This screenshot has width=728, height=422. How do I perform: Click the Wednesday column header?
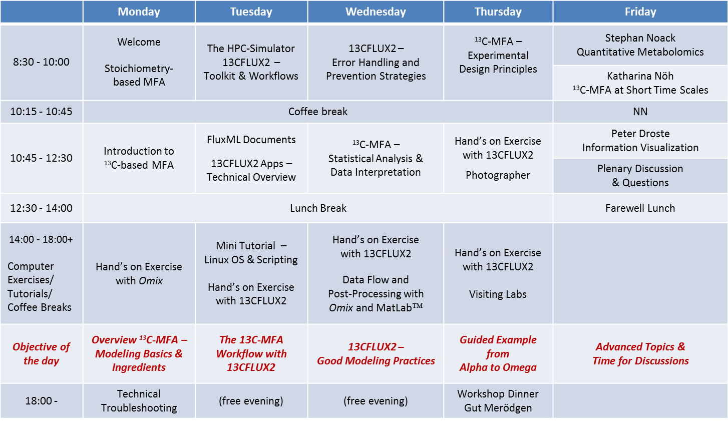coord(376,12)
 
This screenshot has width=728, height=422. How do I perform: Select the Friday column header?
coord(640,12)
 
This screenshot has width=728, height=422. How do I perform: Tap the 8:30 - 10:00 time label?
coord(41,62)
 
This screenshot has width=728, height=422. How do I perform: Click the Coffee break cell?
coord(318,112)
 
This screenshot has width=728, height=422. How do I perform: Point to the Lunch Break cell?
coord(318,208)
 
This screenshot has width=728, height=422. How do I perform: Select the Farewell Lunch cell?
coord(640,208)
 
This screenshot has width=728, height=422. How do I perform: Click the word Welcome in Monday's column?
coord(139,42)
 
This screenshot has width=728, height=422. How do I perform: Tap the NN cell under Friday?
coord(640,112)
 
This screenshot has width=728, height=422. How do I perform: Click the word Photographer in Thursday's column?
coord(498,175)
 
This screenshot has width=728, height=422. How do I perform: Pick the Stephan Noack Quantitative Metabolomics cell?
coord(640,45)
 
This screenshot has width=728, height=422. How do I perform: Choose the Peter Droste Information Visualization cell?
coord(640,141)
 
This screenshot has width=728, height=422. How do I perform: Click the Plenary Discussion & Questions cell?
coord(640,176)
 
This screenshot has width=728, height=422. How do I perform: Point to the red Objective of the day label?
coord(41,354)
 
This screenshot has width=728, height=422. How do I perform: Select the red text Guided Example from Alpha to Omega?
coord(498,354)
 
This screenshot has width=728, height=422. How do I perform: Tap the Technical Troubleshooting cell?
coord(139,401)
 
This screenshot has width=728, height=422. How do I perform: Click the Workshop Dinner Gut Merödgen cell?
coord(498,401)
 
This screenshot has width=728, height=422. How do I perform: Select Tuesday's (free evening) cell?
coord(251,401)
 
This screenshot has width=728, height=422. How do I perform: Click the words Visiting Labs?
coord(498,294)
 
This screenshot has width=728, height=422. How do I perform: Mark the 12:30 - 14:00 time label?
coord(41,208)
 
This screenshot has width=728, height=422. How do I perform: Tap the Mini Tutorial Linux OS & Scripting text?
coord(251,253)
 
